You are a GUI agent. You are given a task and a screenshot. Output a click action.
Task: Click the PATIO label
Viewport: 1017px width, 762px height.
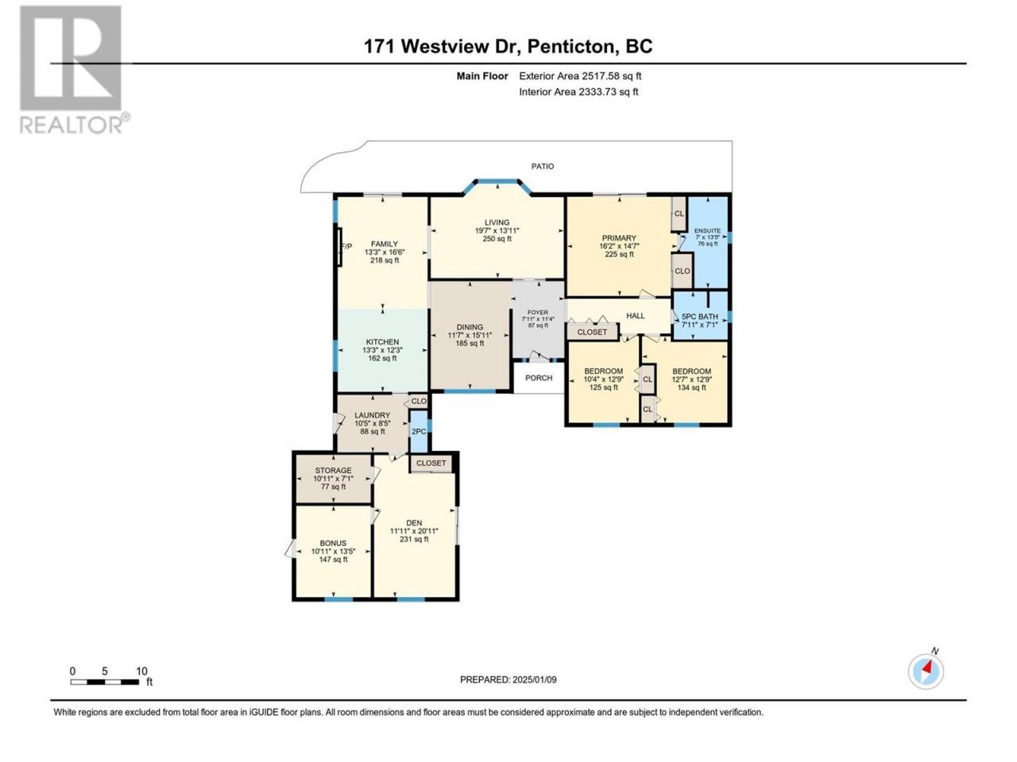(542, 166)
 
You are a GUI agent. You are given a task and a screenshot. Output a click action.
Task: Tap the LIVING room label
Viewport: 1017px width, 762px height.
(497, 222)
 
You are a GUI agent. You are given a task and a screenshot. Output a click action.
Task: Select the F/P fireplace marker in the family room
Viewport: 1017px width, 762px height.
(346, 247)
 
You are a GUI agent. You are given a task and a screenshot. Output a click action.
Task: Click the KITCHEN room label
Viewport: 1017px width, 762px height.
(382, 342)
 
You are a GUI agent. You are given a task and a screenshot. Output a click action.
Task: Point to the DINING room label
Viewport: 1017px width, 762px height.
(470, 327)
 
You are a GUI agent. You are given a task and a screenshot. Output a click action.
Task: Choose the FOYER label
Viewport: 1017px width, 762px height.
(537, 312)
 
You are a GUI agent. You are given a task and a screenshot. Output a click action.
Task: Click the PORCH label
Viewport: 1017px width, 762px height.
(539, 378)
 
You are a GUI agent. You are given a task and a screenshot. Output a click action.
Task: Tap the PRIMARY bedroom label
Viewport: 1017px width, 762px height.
(618, 238)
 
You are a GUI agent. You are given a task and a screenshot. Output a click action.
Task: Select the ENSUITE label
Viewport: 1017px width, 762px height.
(707, 231)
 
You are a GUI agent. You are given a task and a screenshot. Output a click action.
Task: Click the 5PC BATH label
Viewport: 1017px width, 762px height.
(700, 317)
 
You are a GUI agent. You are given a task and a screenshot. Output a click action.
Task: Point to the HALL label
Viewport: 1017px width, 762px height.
(635, 316)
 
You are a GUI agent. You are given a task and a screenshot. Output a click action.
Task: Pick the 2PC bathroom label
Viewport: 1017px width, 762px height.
(419, 432)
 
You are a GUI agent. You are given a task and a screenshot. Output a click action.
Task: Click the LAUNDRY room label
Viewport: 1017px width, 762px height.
(372, 415)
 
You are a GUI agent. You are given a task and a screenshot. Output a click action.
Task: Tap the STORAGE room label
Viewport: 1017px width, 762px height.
(333, 471)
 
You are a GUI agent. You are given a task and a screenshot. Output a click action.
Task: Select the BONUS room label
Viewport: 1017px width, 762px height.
(333, 543)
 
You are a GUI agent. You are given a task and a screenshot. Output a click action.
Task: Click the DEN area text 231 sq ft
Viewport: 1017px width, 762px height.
(414, 540)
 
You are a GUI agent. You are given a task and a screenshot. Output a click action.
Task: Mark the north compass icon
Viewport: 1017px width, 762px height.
(926, 672)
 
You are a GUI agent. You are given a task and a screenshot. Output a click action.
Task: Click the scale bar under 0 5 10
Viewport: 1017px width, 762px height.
(105, 682)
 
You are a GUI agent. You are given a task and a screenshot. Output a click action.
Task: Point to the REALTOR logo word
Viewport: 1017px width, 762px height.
(72, 125)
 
